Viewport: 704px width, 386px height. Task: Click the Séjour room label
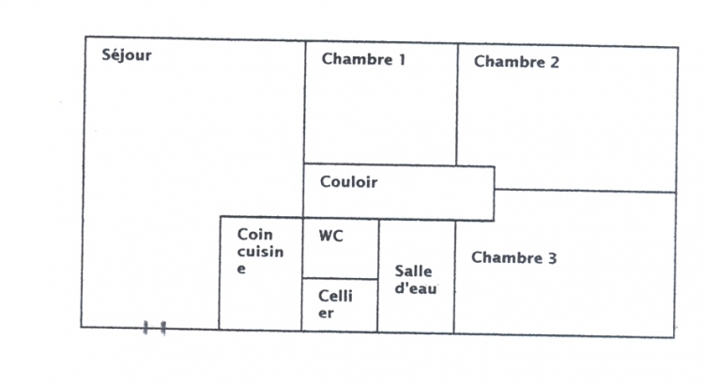pyautogui.click(x=126, y=55)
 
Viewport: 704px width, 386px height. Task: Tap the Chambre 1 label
pyautogui.click(x=363, y=60)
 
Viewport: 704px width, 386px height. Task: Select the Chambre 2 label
pyautogui.click(x=516, y=63)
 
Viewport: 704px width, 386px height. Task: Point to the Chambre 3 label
pyautogui.click(x=513, y=257)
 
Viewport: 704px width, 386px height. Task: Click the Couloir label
pyautogui.click(x=348, y=182)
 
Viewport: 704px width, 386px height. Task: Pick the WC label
pyautogui.click(x=330, y=236)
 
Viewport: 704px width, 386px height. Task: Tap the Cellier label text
pyautogui.click(x=335, y=304)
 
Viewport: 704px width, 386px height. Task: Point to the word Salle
pyautogui.click(x=413, y=271)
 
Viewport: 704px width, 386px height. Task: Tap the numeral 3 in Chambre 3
pyautogui.click(x=552, y=257)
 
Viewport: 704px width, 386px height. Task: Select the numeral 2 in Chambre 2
pyautogui.click(x=555, y=63)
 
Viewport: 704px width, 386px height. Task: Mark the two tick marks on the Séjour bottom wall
pyautogui.click(x=155, y=328)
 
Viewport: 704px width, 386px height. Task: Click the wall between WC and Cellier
pyautogui.click(x=340, y=278)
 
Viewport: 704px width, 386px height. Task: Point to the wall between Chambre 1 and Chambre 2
pyautogui.click(x=457, y=103)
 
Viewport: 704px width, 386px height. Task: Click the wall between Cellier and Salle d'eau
pyautogui.click(x=377, y=304)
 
